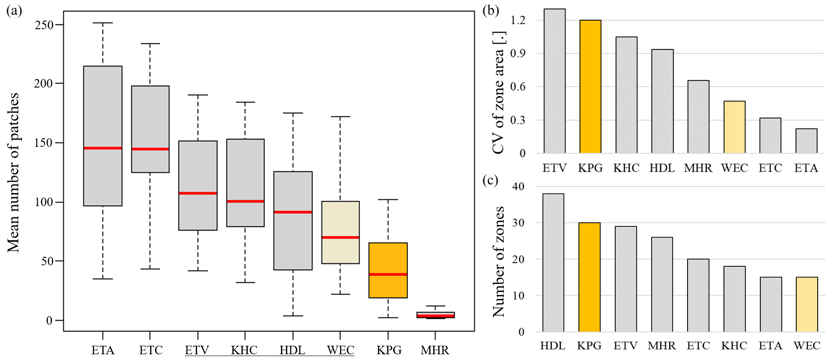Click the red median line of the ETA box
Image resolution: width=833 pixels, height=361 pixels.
coord(103,148)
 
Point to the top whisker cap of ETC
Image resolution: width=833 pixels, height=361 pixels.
coord(150,44)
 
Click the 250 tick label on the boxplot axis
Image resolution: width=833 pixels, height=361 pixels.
coord(44,25)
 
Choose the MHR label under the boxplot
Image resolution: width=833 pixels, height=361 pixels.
coord(435,350)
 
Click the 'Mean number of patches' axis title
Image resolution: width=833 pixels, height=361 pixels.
coord(13,172)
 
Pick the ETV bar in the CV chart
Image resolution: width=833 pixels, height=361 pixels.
coord(554,81)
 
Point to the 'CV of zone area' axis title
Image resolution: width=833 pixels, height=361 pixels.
coord(499,93)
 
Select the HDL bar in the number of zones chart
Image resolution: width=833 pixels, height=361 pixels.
coord(553,263)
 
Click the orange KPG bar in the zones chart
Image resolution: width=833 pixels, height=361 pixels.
coord(589,277)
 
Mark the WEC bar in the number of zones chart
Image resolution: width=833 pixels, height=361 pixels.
coord(807,304)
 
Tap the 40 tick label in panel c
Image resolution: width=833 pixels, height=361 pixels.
coord(518,186)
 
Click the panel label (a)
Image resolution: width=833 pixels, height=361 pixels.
coord(14,11)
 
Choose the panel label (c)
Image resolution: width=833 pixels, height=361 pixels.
coord(490,180)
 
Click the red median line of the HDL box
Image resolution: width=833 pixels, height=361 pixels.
coord(293,212)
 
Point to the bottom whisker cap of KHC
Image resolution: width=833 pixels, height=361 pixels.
coord(245,282)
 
